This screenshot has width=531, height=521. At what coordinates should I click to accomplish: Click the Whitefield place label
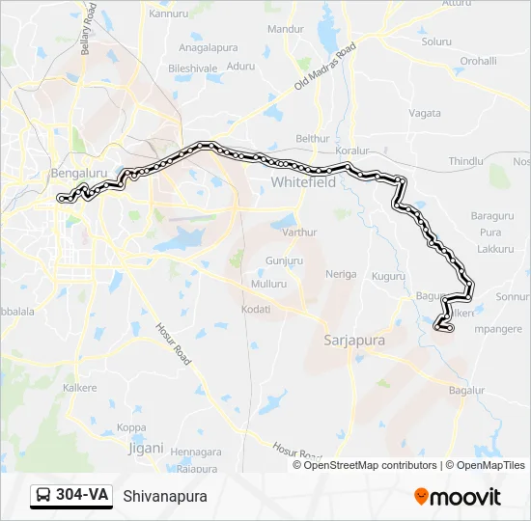point(303,181)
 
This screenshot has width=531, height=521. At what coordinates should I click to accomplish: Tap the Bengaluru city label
point(76,173)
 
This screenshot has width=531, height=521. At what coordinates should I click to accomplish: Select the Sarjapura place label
point(352,341)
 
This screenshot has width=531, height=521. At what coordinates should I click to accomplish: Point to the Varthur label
point(300,233)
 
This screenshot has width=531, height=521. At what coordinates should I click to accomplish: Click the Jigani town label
point(147,448)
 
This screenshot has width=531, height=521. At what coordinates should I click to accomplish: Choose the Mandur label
point(285,30)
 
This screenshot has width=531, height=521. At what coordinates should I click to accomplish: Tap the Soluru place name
point(436,41)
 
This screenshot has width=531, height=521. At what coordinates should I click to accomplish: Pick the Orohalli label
point(477,60)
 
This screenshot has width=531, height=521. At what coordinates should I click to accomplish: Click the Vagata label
point(425,113)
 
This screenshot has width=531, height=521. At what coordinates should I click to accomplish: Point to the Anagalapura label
point(208,46)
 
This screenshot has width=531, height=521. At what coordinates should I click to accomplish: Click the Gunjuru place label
point(284,261)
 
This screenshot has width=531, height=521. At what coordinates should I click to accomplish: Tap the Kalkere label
point(79,388)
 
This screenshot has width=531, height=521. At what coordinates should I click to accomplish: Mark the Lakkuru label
point(495,249)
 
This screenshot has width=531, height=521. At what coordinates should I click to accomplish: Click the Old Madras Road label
point(325,68)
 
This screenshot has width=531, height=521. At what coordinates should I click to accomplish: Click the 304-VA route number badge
point(72,496)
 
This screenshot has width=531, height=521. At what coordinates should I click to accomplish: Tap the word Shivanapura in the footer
point(165,497)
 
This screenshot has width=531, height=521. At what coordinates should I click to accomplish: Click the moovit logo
point(458,497)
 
